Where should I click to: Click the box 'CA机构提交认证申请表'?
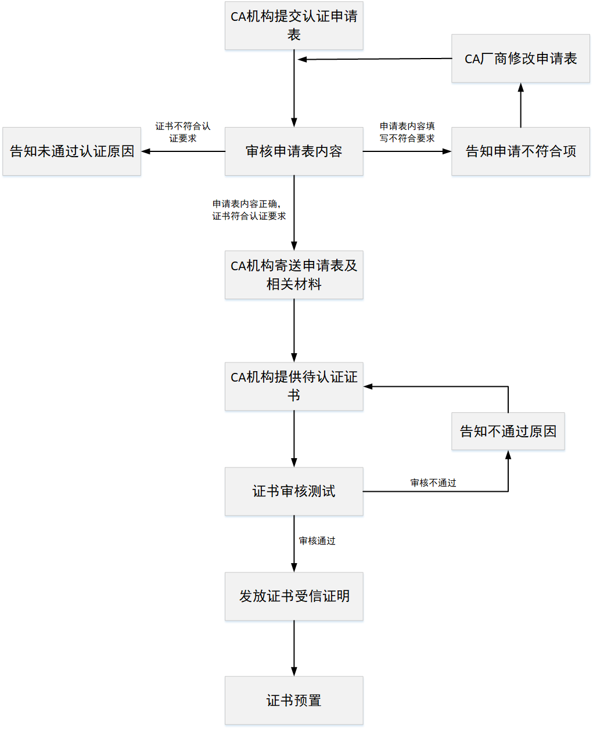point(294,26)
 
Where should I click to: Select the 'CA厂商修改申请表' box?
point(520,59)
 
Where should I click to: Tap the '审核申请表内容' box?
point(294,151)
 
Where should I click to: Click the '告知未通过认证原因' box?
point(72,151)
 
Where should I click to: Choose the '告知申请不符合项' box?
point(520,151)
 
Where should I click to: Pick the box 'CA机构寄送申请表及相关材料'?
point(294,275)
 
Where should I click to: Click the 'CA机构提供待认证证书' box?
point(294,386)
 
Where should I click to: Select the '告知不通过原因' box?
point(508,431)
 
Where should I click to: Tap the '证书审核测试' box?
point(294,491)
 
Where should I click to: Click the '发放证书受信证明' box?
point(294,596)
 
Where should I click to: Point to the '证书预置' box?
point(294,701)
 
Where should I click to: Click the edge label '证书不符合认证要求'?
point(183,132)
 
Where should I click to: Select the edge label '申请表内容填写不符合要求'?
point(407,132)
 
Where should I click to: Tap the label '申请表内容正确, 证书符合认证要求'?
point(249,210)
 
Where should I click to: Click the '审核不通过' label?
point(433,483)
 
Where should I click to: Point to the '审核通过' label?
point(317,541)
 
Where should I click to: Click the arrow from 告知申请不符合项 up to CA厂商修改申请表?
point(520,106)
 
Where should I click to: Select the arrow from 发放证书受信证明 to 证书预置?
point(294,648)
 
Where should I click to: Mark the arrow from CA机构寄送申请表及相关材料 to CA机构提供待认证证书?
point(294,331)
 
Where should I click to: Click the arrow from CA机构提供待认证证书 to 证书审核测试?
point(294,439)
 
